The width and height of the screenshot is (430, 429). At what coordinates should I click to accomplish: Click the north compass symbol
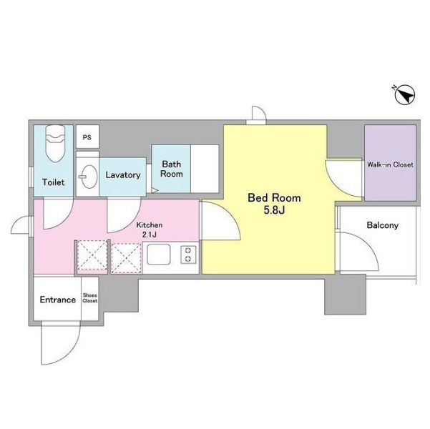point(404,95)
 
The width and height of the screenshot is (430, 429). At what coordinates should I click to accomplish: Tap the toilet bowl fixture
point(55,143)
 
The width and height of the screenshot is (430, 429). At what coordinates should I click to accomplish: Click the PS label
point(87,137)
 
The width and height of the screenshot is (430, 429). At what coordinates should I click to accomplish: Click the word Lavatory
point(123,175)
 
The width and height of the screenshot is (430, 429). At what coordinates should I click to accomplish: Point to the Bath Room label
point(172,169)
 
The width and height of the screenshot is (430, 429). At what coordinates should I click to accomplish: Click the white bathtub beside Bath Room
point(205,169)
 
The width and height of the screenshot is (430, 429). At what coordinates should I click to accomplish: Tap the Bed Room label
point(274,197)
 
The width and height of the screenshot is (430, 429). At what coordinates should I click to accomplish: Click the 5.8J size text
point(274,210)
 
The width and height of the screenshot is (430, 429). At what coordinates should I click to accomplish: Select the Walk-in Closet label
point(390,164)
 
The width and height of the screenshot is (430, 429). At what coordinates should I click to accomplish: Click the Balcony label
point(382,225)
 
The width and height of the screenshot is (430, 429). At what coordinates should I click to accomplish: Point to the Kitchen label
point(150,225)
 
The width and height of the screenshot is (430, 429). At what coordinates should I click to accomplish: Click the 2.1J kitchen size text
point(150,235)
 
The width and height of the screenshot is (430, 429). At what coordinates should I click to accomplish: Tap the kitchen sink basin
point(159,254)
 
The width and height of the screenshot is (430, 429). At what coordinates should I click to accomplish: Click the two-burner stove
point(188,255)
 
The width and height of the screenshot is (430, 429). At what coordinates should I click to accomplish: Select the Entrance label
point(57,300)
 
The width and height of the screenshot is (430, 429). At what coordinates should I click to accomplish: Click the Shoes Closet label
point(90,298)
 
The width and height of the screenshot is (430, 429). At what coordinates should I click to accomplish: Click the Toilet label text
point(53,182)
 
